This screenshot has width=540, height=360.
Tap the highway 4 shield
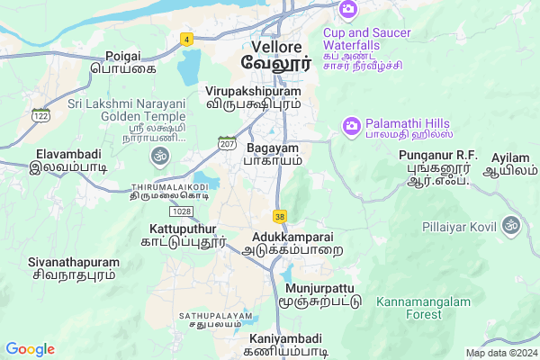click(186, 39)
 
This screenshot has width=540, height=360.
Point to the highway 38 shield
click(280, 217)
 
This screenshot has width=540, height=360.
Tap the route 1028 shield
click(183, 211)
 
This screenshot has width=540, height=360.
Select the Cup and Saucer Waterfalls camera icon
click(347, 9)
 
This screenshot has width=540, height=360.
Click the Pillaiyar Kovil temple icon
click(512, 222)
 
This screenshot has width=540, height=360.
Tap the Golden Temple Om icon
click(162, 157)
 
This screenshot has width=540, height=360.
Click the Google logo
click(30, 349)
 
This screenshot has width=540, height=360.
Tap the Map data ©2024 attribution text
click(499, 353)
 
